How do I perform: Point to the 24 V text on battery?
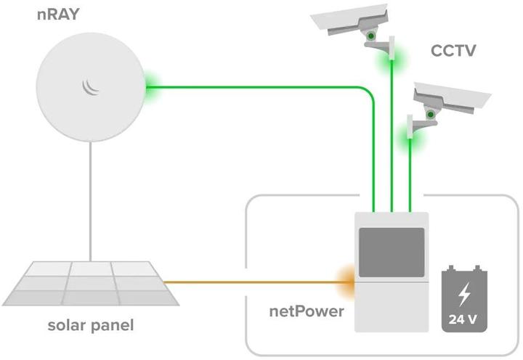click(x=463, y=318)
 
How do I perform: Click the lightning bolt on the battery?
click(x=463, y=293)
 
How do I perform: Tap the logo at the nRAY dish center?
click(x=91, y=87)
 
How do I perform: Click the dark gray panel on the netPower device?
click(x=392, y=252)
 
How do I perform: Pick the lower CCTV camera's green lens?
click(x=430, y=114)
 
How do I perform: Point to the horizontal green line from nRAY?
click(x=254, y=87)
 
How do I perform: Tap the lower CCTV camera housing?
click(x=450, y=96)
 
